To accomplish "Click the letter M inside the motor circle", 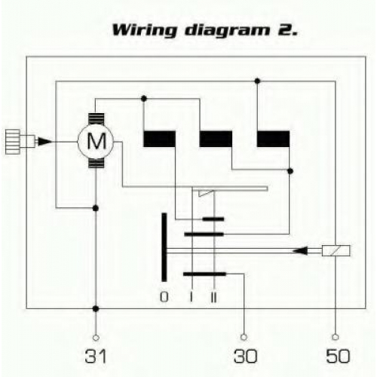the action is tap(97, 141).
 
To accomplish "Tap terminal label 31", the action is tap(96, 356).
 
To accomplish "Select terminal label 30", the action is tap(246, 356).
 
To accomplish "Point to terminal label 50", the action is tap(338, 356).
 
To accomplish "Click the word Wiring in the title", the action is tap(145, 30).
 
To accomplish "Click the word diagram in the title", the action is tap(228, 31).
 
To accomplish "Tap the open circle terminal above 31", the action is tap(96, 338).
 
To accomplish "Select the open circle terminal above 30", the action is tap(244, 337).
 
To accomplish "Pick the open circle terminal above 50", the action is tap(336, 337).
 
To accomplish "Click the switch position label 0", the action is tap(164, 297).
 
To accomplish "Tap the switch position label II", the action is tap(213, 297).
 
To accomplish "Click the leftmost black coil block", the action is tap(159, 139).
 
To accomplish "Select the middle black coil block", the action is tap(216, 139).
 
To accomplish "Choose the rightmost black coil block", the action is tap(273, 139).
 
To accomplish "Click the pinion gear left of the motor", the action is tap(13, 142).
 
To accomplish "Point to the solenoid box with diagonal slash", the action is tap(336, 250).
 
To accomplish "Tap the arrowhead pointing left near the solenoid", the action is tap(300, 250).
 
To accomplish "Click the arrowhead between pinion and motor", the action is tap(44, 142).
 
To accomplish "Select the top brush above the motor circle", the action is tap(97, 119).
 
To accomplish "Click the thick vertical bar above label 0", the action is tap(164, 247).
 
